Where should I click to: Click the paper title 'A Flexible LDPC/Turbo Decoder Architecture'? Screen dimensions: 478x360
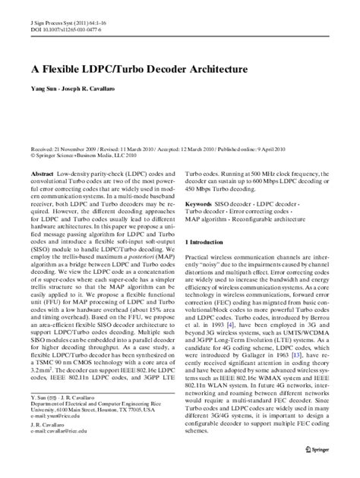[139, 68]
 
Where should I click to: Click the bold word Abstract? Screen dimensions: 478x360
[42, 174]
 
